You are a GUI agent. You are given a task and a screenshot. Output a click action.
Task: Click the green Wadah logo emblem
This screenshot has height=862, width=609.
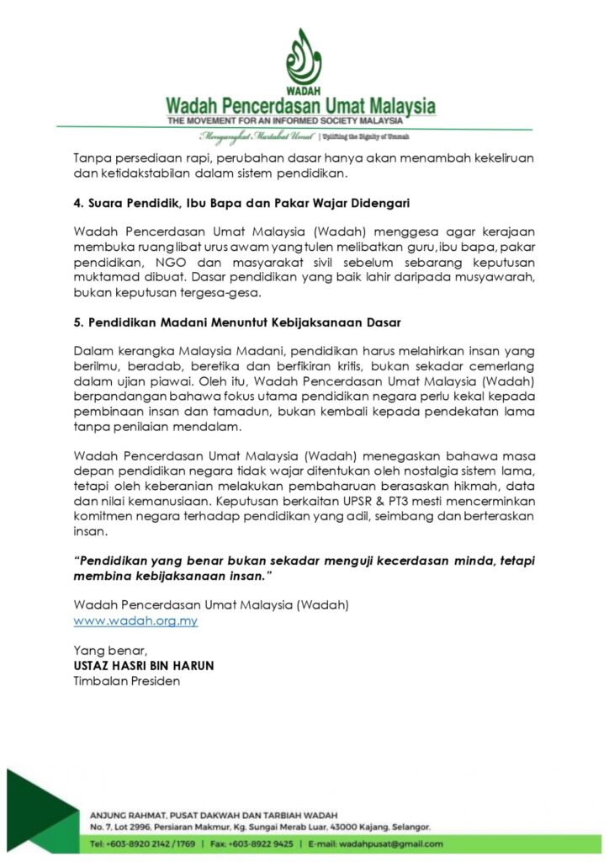[304, 59]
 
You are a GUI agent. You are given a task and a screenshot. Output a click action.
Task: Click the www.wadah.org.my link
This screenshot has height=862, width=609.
[135, 621]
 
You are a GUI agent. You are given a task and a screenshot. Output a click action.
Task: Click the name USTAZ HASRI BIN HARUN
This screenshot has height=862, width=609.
[144, 666]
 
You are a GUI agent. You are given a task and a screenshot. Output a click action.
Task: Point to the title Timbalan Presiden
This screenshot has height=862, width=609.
[127, 681]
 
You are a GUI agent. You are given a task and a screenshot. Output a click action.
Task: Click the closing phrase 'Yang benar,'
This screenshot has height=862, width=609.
[110, 651]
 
